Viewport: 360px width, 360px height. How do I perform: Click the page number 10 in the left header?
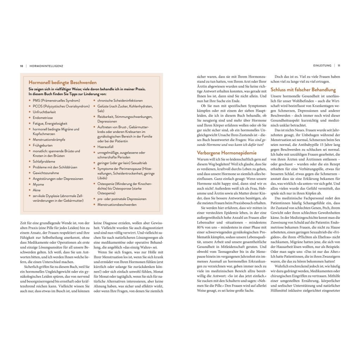[21, 65]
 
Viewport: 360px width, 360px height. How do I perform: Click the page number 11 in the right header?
[339, 65]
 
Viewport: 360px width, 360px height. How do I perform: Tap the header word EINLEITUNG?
[322, 65]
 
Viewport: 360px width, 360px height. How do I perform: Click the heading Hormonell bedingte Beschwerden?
[63, 82]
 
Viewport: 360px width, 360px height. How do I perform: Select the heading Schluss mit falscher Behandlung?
[303, 90]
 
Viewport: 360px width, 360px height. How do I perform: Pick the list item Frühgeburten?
[43, 145]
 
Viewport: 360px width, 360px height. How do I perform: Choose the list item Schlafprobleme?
[44, 161]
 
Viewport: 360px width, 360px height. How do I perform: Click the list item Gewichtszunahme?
[46, 173]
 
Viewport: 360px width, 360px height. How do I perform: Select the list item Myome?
[38, 185]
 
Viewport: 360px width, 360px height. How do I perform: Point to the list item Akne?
[37, 190]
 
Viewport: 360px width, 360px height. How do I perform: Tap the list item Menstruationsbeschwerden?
[117, 205]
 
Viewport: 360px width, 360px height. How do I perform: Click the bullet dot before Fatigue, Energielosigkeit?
[30, 124]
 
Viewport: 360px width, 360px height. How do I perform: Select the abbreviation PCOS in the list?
[38, 106]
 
